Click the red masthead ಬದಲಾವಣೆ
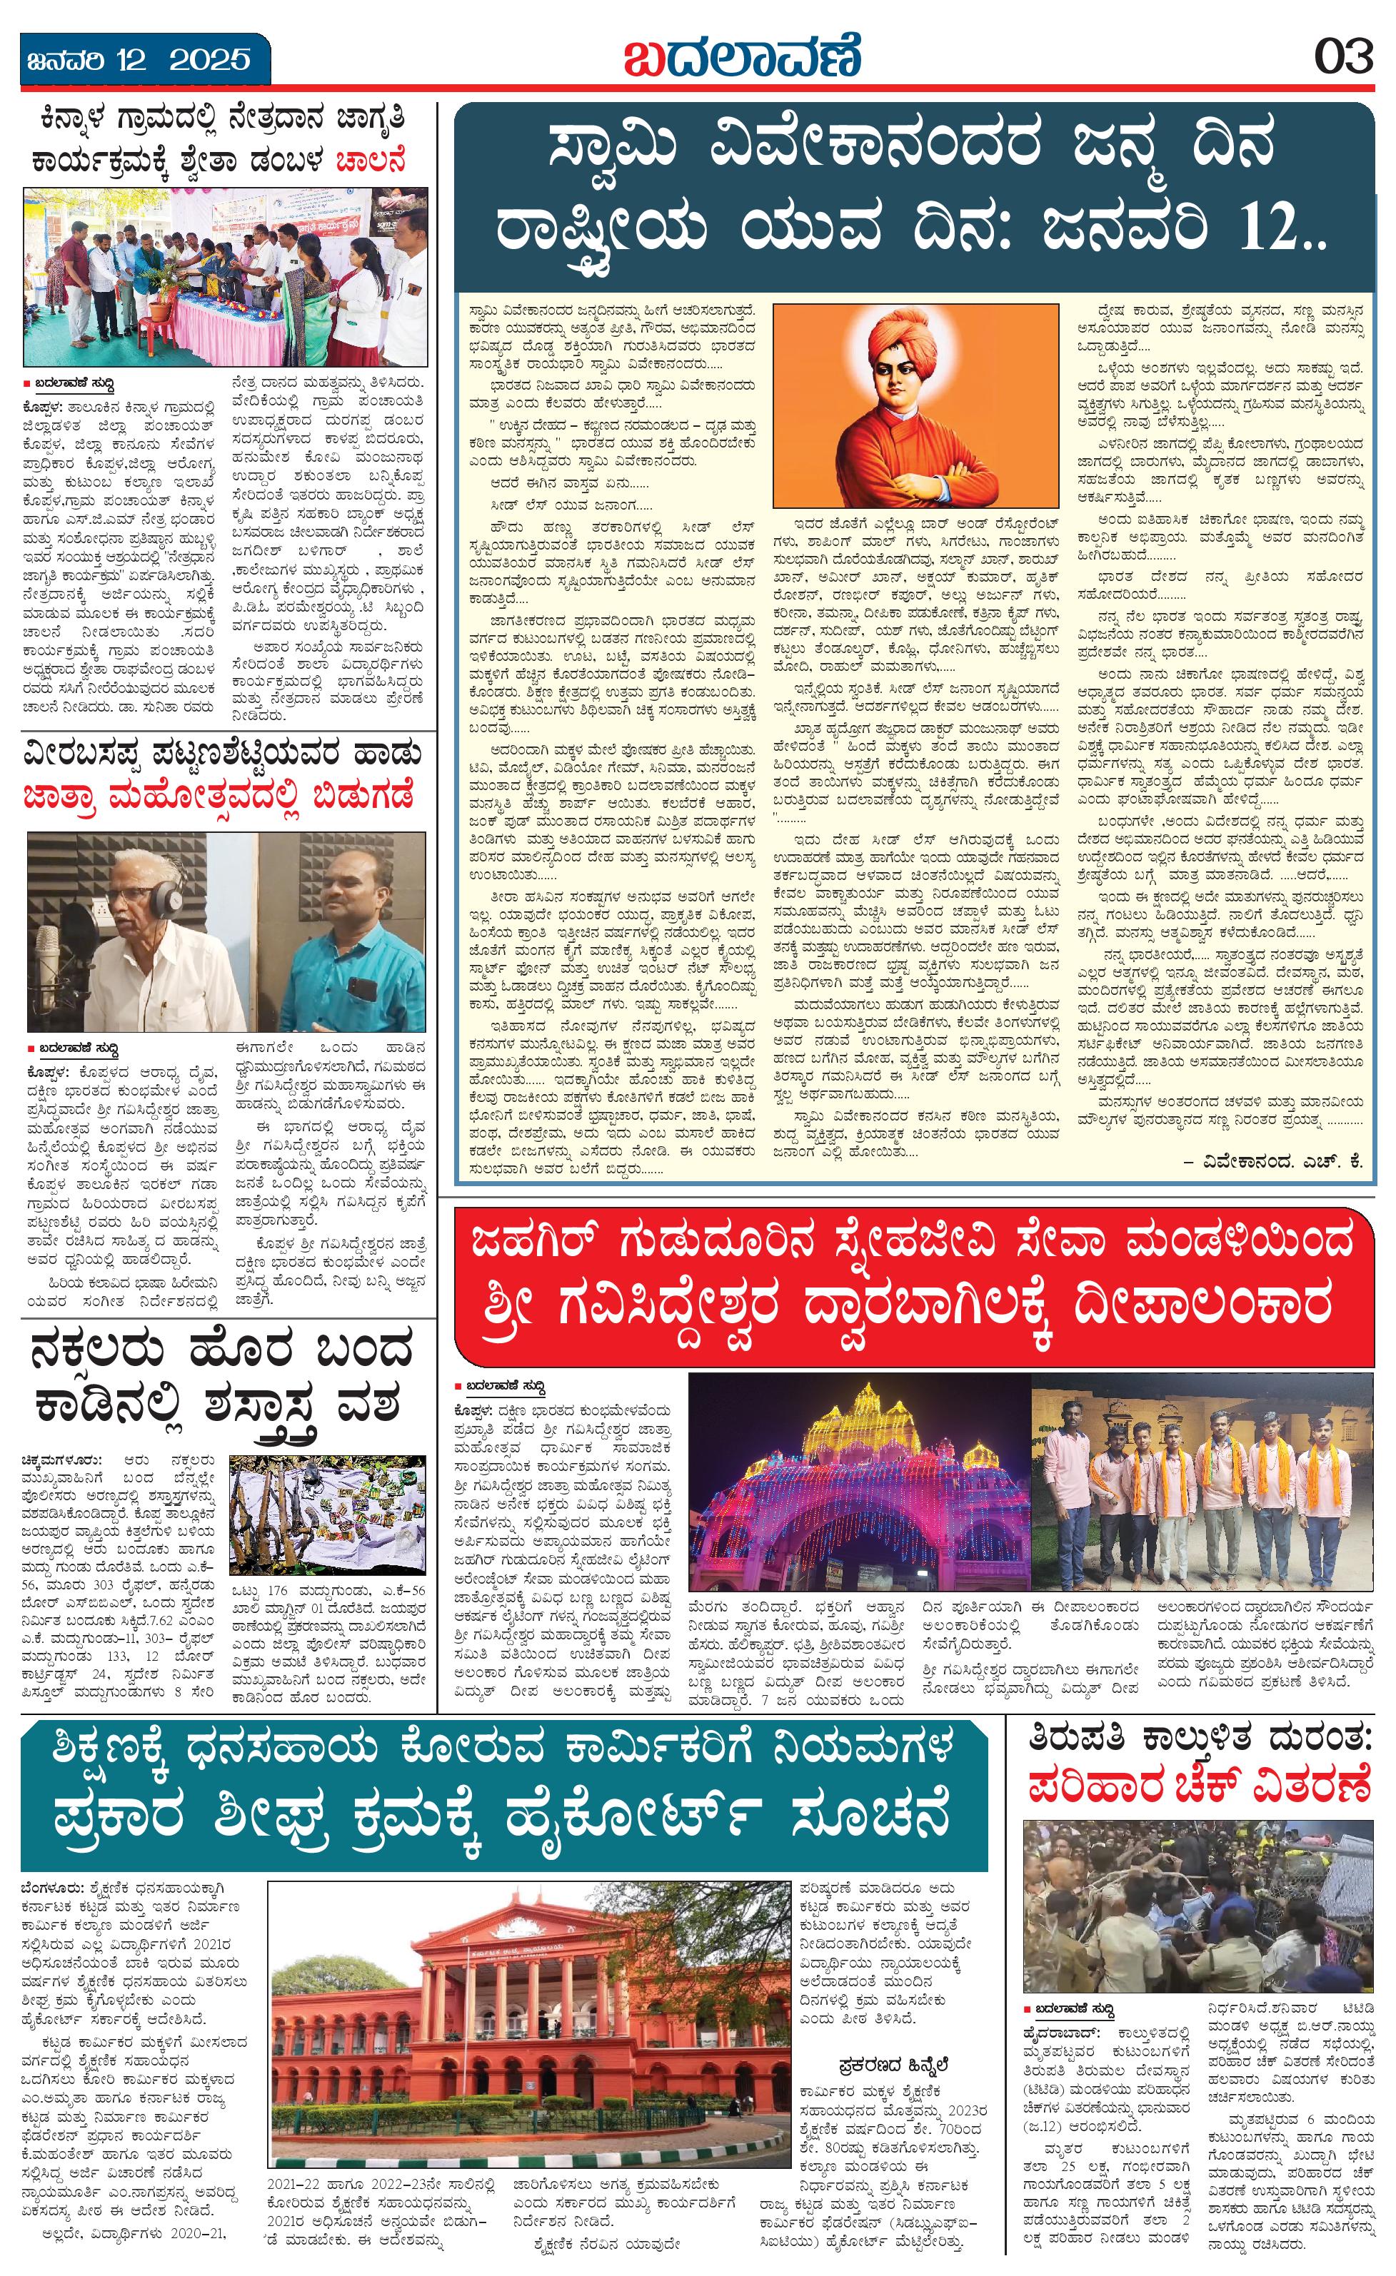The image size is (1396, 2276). pyautogui.click(x=741, y=56)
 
